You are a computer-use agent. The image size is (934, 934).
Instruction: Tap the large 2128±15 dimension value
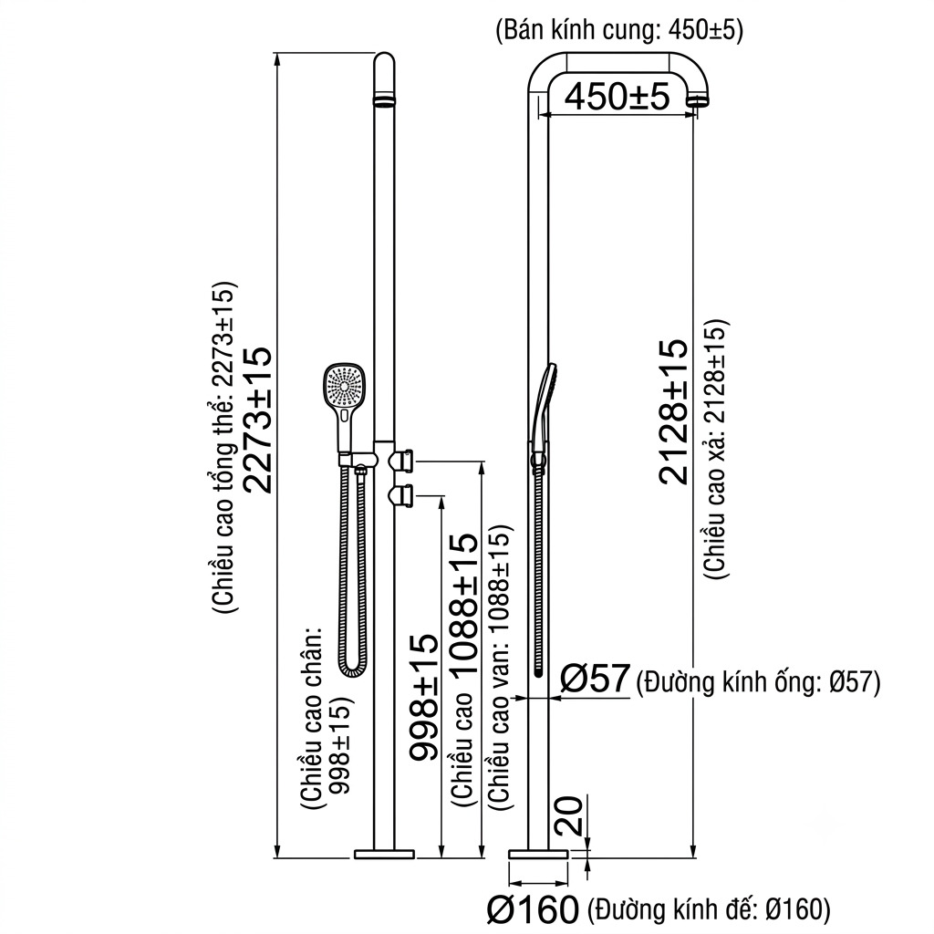tap(674, 411)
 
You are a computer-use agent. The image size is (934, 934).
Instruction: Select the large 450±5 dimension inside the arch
tap(617, 96)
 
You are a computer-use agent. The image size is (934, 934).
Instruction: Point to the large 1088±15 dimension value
tap(463, 604)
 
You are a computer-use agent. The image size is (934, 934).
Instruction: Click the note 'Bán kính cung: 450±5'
tap(619, 30)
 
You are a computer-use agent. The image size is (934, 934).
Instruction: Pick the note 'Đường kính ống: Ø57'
tap(758, 682)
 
